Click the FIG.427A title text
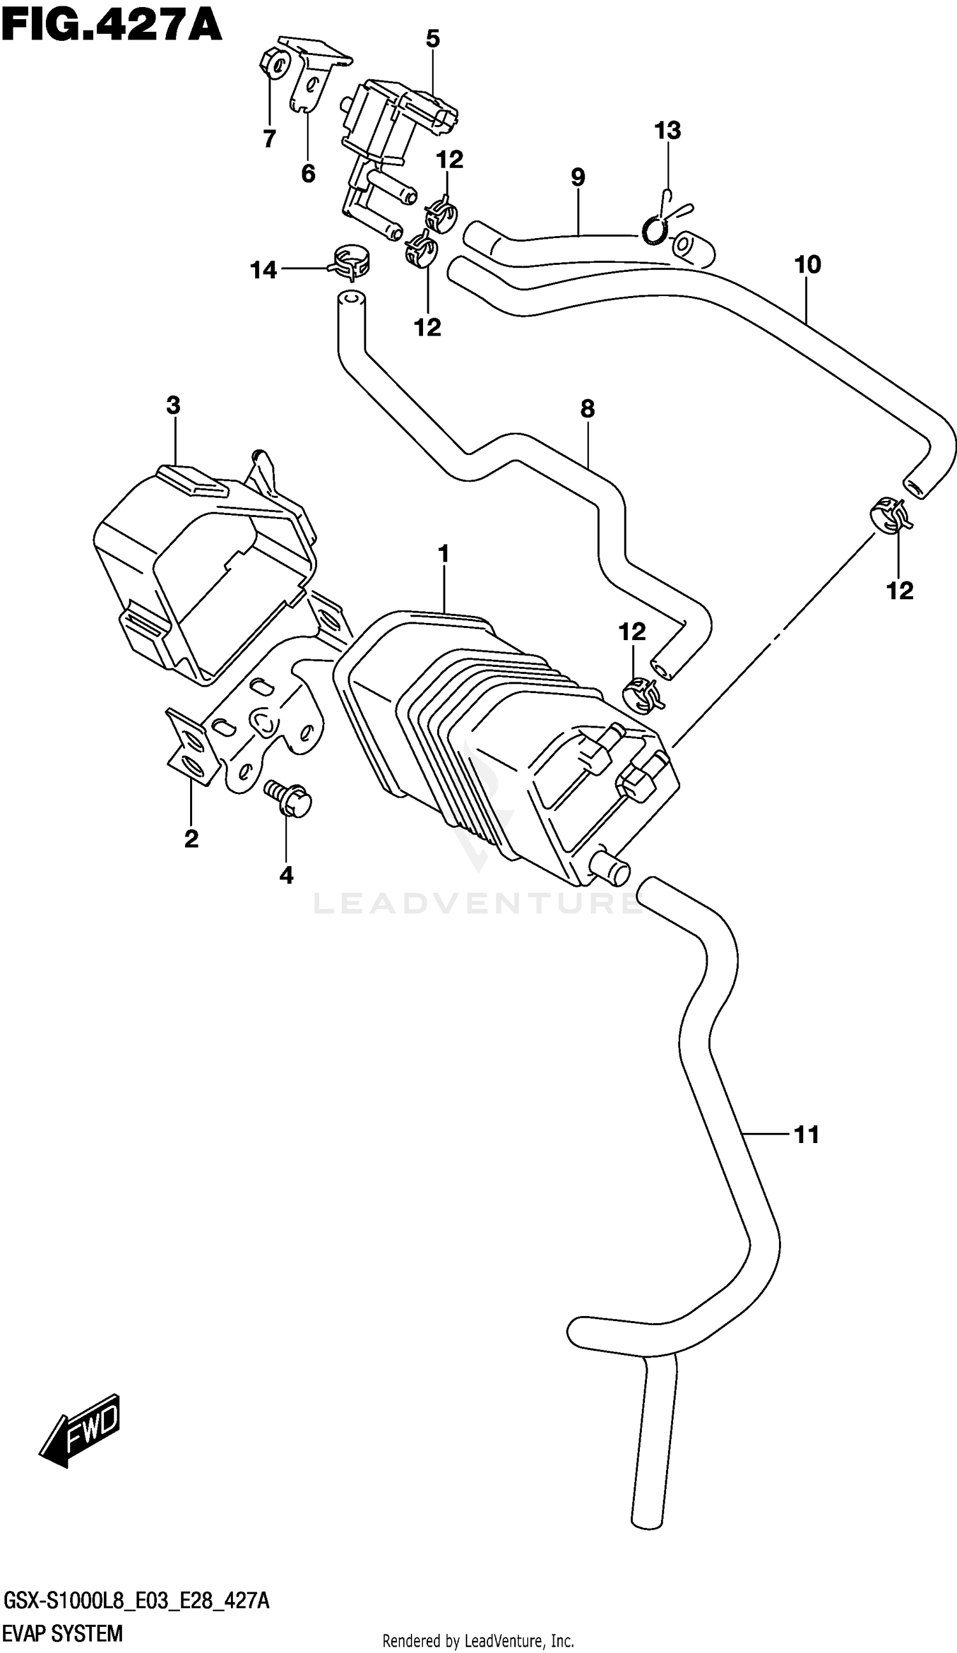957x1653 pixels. click(112, 27)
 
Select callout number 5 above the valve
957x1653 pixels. click(433, 40)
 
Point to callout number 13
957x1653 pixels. click(668, 131)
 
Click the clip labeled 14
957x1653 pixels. click(350, 262)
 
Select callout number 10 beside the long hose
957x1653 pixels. click(808, 265)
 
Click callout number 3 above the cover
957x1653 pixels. click(173, 406)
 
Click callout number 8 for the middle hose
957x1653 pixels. click(587, 409)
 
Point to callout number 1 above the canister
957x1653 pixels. click(444, 554)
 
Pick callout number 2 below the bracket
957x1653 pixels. click(191, 839)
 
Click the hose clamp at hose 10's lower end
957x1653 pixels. click(891, 515)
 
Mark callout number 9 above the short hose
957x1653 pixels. click(577, 177)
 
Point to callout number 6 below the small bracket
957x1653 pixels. click(308, 173)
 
